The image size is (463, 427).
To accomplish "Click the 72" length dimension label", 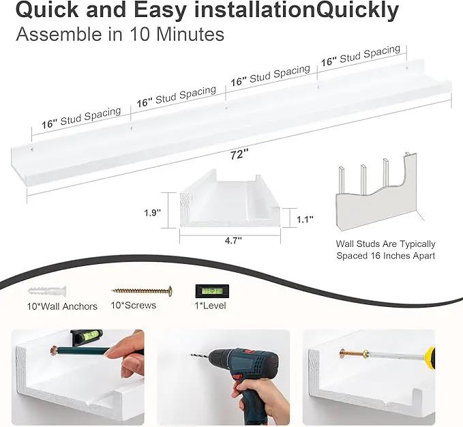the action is tap(239, 154).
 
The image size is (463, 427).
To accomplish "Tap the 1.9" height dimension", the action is tap(152, 212).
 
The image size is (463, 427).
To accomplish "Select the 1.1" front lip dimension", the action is tap(305, 220).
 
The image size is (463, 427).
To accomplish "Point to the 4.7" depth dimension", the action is tap(233, 241).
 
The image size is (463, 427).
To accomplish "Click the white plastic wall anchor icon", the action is tap(48, 291).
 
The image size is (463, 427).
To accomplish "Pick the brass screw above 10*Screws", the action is tap(142, 291).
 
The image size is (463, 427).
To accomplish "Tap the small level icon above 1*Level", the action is tap(212, 291).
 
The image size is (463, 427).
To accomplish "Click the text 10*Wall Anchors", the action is tap(62, 306).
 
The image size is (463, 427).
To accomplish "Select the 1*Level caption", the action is tap(210, 306).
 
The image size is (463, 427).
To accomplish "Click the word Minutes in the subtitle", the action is tap(190, 34).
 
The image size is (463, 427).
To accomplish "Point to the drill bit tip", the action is tap(192, 355).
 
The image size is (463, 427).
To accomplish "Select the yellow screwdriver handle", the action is tap(430, 358).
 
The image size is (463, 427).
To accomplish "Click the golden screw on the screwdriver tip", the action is tap(353, 353).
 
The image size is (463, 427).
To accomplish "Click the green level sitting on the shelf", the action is tap(87, 337).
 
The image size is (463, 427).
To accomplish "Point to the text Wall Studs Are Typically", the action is tap(386, 244).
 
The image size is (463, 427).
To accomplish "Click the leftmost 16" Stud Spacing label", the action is tap(81, 118).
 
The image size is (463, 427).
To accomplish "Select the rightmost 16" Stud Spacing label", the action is tap(361, 55).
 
